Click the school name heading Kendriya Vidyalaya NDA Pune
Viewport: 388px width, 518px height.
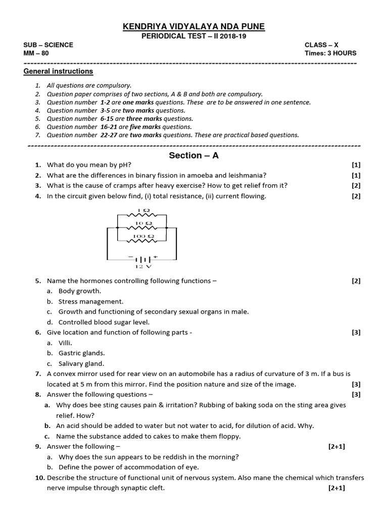coord(193,27)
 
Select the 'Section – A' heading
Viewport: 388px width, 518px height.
coord(193,155)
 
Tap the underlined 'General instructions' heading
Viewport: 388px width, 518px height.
coord(58,71)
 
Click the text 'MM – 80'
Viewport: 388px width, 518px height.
coord(36,53)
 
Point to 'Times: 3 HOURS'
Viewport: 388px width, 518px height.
coord(330,53)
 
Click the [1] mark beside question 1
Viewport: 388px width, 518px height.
coord(356,165)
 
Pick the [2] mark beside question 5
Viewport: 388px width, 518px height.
coord(356,281)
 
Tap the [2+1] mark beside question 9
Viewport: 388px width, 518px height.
coord(336,446)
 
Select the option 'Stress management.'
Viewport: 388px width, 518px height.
coord(91,301)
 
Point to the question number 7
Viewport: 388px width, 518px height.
coord(38,374)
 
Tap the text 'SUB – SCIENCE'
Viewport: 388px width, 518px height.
coord(48,45)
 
